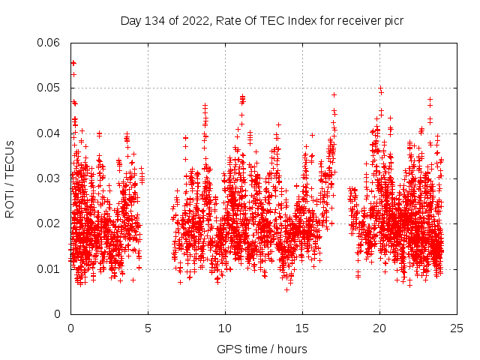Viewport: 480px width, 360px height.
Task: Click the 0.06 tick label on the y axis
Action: point(49,43)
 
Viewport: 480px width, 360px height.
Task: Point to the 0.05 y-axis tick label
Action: point(49,88)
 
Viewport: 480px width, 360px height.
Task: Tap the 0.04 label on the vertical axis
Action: point(49,133)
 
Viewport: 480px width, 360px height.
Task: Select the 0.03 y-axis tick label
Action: point(49,178)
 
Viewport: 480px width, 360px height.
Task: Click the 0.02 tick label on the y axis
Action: point(49,223)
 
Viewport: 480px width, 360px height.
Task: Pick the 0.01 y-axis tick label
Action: point(49,268)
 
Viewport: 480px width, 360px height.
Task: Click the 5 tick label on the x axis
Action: point(148,328)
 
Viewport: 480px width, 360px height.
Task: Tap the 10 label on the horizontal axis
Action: point(225,328)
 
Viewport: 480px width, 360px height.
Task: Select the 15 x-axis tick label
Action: point(302,328)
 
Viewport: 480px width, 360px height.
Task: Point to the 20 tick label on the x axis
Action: point(379,328)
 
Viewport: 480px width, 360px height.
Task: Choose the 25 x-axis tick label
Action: point(457,328)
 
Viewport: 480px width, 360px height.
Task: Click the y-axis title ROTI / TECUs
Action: point(10,178)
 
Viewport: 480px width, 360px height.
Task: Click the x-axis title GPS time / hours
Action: point(262,349)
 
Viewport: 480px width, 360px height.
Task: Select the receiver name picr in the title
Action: point(393,21)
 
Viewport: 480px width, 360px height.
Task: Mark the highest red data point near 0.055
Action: point(73,63)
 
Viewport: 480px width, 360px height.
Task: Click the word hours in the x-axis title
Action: point(292,349)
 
